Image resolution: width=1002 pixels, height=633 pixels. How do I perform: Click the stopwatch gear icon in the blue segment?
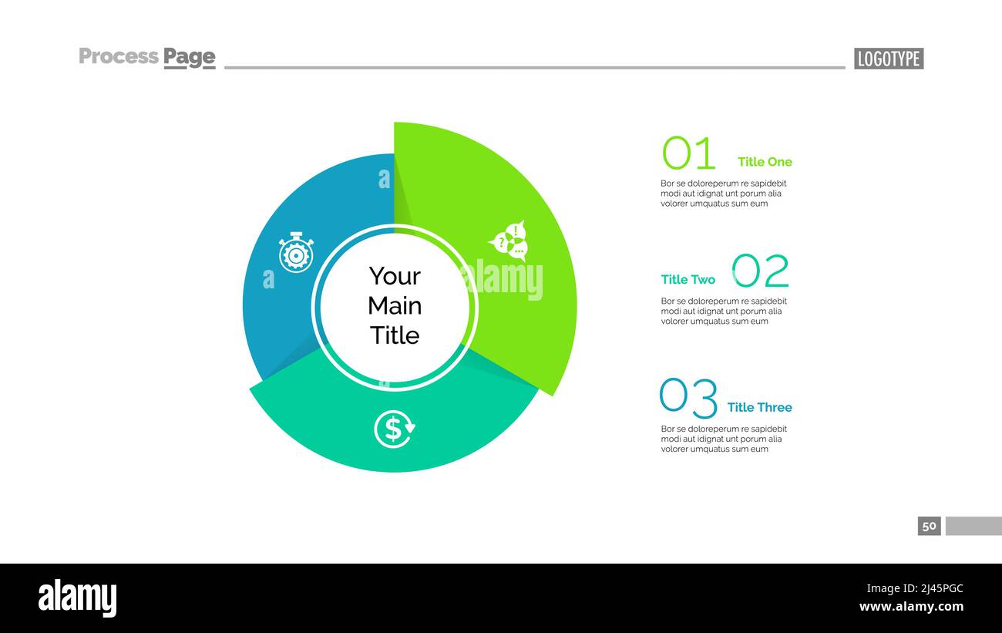[296, 252]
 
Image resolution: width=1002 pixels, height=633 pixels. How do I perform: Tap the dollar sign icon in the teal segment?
[394, 429]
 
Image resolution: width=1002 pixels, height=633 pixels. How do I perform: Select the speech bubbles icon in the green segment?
[509, 241]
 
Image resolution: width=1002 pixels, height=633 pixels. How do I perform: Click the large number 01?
[688, 153]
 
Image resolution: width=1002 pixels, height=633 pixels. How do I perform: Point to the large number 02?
[761, 271]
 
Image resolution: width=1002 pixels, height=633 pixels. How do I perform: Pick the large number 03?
[688, 397]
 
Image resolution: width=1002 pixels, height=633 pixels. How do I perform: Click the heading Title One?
[765, 162]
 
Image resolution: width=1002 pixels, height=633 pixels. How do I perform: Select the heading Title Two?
[688, 280]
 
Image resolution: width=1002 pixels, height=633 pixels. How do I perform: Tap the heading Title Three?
[759, 407]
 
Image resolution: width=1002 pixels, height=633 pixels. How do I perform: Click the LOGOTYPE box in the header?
[888, 59]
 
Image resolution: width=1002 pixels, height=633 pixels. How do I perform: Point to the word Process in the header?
[119, 56]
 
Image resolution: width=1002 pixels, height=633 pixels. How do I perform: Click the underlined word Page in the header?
[189, 57]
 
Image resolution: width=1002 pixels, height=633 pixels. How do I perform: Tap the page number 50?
[929, 526]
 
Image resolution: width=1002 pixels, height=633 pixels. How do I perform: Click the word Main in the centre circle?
[395, 306]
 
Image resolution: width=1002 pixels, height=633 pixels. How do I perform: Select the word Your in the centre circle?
[395, 276]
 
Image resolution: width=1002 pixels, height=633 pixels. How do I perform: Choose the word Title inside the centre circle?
[395, 335]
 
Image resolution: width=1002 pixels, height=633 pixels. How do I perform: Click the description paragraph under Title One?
[723, 194]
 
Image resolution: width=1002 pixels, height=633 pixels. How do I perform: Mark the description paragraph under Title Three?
[723, 439]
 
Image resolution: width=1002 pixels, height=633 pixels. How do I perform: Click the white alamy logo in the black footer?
[77, 599]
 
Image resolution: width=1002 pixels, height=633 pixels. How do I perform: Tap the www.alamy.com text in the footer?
[912, 607]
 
